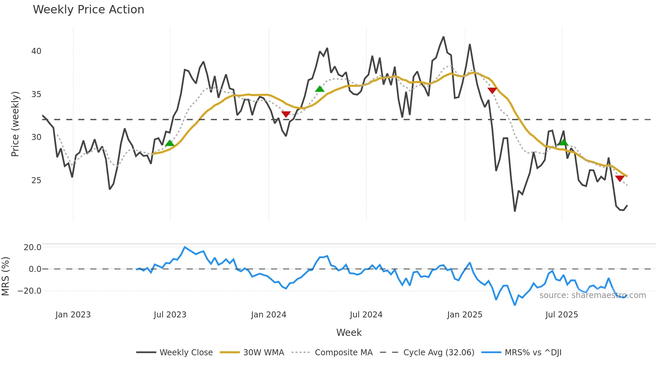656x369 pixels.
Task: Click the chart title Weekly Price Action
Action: click(88, 10)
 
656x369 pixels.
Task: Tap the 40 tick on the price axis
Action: click(36, 51)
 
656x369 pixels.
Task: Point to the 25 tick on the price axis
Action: click(36, 180)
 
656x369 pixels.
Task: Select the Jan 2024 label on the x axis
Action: click(268, 315)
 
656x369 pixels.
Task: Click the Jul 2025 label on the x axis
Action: click(562, 315)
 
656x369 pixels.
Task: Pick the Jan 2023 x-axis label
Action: click(73, 315)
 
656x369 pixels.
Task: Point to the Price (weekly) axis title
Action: click(15, 124)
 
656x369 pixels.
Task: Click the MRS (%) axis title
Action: click(6, 276)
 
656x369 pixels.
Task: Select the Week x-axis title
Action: click(349, 333)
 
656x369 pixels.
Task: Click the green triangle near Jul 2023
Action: click(170, 143)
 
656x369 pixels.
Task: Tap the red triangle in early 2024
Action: click(286, 114)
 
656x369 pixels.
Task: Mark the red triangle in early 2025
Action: click(492, 90)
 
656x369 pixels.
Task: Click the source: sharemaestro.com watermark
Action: click(592, 295)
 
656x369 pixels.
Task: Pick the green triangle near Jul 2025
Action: click(564, 143)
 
